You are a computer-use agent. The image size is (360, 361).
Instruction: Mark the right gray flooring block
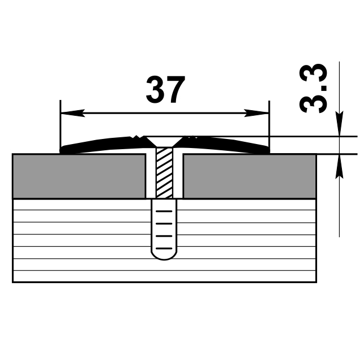249,176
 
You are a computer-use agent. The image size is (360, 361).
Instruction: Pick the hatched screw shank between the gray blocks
164,172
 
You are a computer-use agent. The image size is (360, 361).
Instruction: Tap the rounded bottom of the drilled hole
164,256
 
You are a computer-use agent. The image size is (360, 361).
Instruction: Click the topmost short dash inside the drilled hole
164,211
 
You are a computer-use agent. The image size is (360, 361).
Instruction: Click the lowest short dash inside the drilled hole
164,248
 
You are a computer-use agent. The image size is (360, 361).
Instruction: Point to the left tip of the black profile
62,150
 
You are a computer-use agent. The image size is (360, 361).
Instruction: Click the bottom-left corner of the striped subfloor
13,281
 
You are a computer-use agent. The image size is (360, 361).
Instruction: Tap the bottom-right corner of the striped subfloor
315,281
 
